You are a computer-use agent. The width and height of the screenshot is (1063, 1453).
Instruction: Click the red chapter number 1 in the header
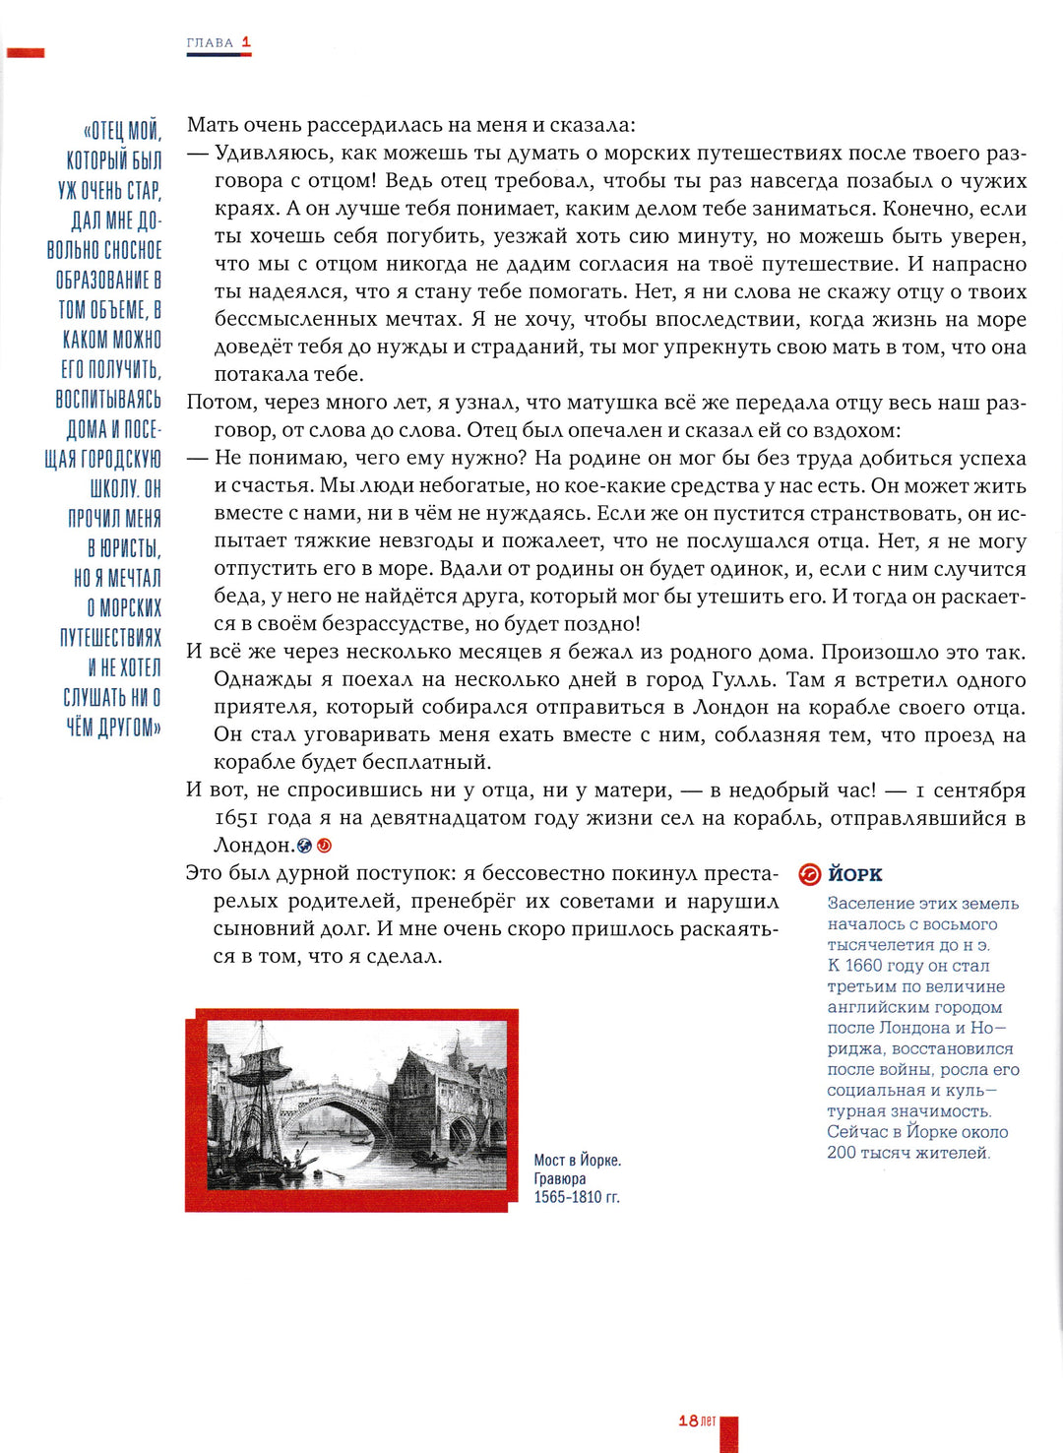point(246,42)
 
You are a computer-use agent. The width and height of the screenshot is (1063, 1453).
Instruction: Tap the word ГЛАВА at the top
point(210,43)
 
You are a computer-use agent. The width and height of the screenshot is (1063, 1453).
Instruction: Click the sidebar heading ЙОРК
point(854,874)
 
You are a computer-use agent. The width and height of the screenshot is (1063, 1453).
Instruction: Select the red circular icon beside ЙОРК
point(809,874)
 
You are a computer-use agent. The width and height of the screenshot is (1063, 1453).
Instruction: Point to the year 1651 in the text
point(236,818)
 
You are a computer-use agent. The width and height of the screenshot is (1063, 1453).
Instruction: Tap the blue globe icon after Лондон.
point(305,846)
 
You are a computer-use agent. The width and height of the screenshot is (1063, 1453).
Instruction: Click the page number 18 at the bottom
point(688,1421)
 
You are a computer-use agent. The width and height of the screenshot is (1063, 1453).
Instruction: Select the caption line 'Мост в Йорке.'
point(577,1161)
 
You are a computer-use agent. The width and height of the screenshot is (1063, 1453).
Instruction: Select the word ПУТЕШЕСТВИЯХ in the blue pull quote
point(110,638)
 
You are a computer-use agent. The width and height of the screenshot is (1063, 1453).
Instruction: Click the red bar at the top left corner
point(26,52)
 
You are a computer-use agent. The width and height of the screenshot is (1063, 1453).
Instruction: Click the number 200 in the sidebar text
point(842,1153)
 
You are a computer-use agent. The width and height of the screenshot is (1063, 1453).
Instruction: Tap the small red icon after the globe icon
point(324,846)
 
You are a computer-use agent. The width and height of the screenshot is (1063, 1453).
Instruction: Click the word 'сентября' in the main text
point(979,790)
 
